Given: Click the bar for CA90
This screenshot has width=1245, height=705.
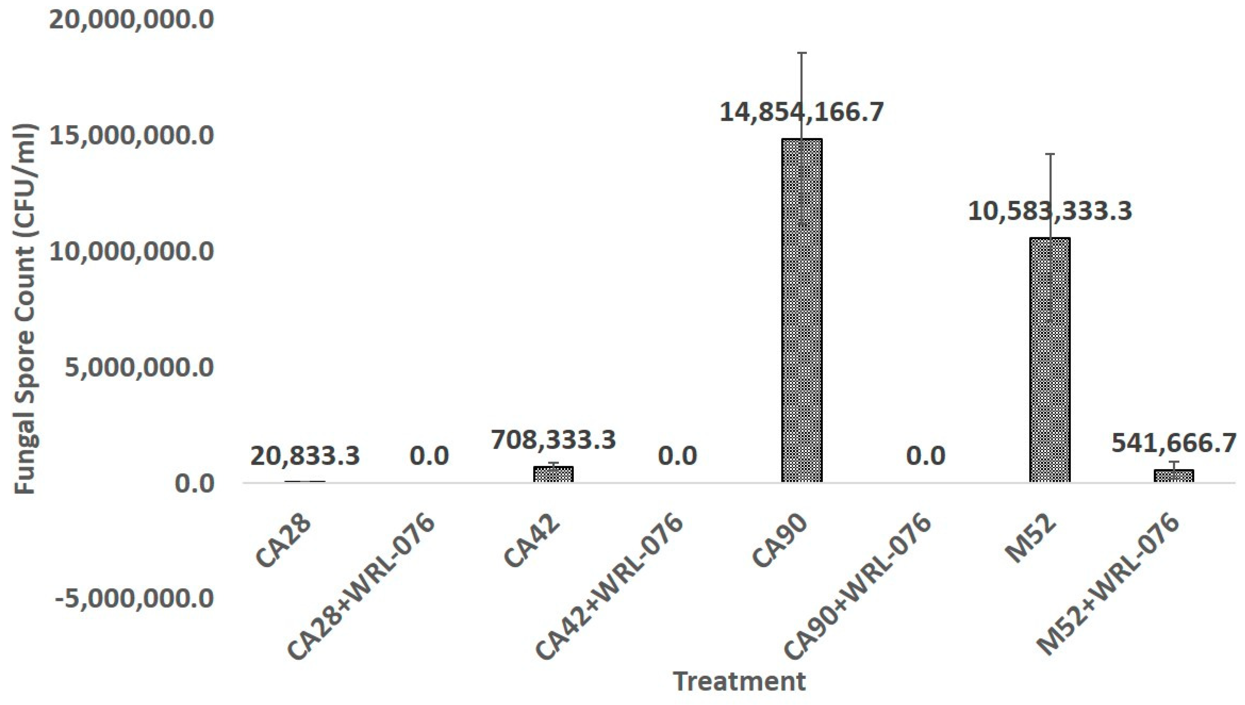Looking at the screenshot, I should click(802, 310).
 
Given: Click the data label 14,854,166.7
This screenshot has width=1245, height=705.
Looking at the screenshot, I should click(802, 113).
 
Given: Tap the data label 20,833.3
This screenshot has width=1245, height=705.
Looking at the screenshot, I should click(305, 456).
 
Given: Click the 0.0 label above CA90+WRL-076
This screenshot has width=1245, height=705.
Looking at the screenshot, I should click(926, 456).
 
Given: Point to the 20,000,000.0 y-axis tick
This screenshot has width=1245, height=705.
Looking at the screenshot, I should click(131, 20).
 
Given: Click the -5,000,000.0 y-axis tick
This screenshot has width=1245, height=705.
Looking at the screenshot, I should click(134, 599).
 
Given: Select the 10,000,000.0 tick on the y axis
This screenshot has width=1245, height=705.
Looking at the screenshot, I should click(131, 252).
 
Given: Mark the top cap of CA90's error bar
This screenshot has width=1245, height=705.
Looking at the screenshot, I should click(802, 52).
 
